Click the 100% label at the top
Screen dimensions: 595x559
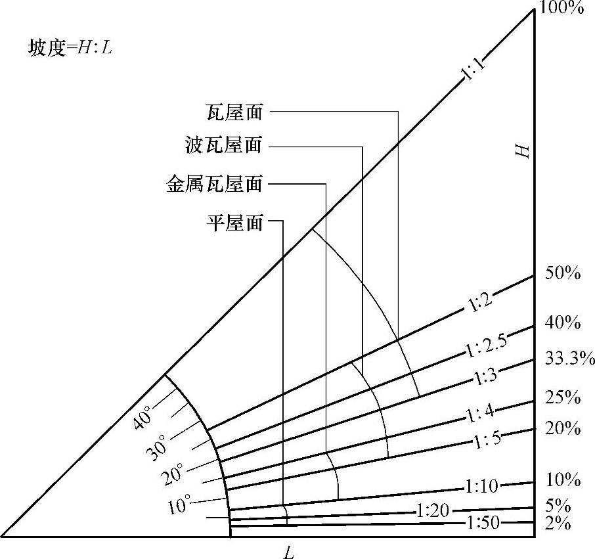(x=562, y=8)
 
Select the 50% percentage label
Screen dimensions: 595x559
(x=562, y=275)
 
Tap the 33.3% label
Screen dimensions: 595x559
(x=569, y=359)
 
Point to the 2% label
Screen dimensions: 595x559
(x=559, y=525)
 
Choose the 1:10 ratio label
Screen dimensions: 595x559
(x=482, y=487)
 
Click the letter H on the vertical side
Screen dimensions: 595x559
(x=521, y=151)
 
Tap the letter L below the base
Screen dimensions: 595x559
(x=288, y=552)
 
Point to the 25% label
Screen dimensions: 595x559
(x=562, y=397)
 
